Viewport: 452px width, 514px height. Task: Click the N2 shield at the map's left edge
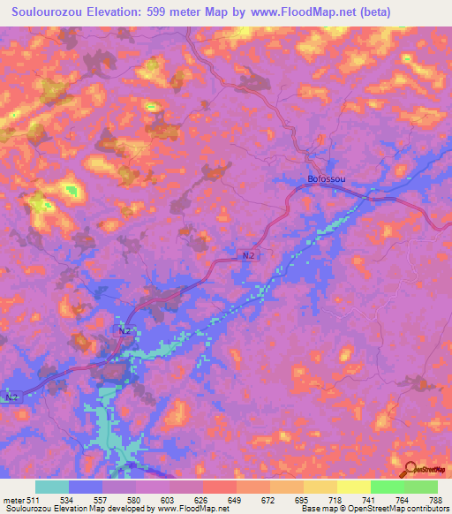tap(10, 397)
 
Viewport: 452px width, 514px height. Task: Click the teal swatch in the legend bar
tap(52, 487)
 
